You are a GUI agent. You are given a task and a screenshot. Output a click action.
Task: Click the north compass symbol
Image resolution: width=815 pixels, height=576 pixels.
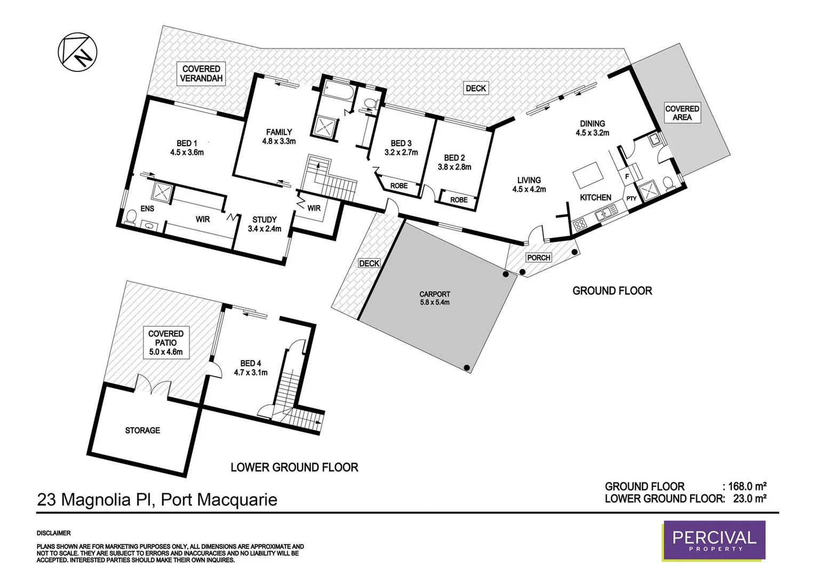(77, 51)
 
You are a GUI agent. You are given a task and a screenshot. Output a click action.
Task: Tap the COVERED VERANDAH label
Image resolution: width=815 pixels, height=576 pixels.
(201, 74)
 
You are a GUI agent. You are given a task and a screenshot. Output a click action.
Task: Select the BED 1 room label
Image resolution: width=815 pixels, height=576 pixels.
(187, 143)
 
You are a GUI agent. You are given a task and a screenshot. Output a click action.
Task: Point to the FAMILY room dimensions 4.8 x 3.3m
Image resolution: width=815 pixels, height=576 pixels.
(279, 141)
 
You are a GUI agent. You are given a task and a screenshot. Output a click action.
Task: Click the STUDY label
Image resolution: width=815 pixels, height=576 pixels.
(265, 220)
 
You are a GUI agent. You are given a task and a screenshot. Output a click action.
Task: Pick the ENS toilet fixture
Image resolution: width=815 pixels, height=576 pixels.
(130, 217)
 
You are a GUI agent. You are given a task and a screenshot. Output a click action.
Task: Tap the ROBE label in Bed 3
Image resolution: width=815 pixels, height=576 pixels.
(399, 186)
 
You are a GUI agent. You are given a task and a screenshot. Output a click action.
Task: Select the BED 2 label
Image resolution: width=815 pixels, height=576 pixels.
(454, 158)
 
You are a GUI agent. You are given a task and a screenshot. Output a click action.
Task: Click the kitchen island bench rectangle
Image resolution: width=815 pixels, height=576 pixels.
(587, 175)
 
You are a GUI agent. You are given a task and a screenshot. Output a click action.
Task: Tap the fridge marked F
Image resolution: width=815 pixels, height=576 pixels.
(627, 177)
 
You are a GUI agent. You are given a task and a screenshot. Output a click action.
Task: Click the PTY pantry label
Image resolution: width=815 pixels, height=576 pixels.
(632, 198)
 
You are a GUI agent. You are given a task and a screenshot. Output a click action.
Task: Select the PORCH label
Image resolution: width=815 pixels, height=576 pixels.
(538, 258)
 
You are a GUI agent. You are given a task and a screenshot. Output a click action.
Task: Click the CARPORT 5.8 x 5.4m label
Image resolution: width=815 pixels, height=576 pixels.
(435, 298)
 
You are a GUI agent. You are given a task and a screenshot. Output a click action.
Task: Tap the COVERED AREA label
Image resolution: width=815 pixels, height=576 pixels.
(682, 113)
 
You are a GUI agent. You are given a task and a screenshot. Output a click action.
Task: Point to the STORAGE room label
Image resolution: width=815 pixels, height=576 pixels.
(142, 430)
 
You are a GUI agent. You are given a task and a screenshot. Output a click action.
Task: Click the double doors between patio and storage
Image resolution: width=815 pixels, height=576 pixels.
(153, 385)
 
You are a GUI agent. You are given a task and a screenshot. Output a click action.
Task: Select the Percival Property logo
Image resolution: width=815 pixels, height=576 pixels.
(714, 540)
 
